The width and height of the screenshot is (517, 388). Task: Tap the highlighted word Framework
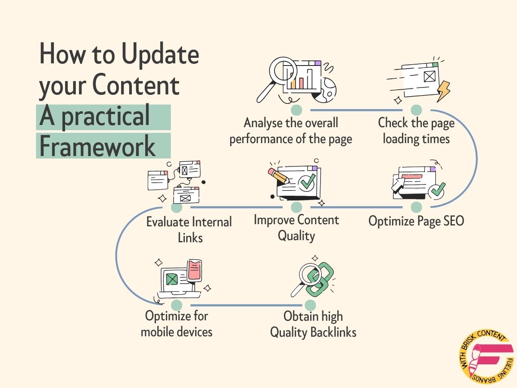97,147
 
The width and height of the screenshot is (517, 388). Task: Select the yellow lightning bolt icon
443,91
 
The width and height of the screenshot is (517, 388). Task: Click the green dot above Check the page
416,110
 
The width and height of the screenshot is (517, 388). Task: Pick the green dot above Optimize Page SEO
416,207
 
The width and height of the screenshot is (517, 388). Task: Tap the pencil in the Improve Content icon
277,175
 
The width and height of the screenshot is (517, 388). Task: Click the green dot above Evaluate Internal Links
177,207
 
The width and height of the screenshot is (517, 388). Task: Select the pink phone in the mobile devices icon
194,270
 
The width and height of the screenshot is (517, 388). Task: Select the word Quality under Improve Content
296,236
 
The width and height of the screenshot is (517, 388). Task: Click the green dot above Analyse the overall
296,110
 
